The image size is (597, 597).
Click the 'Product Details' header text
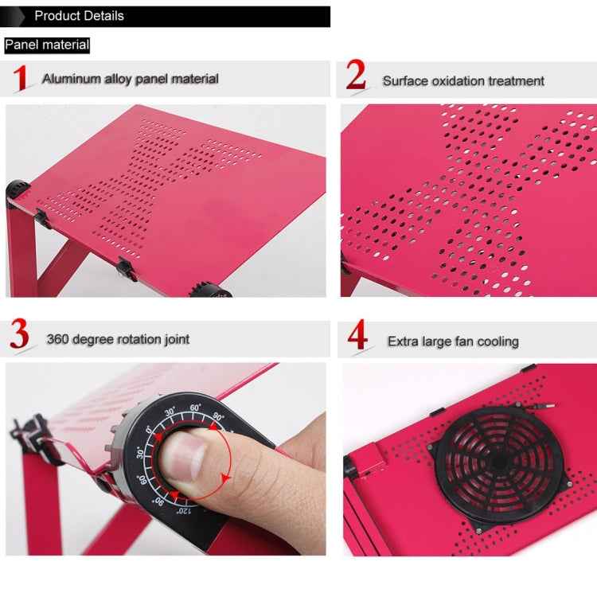[79, 16]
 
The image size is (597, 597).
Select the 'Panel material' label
[47, 45]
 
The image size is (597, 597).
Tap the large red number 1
[21, 79]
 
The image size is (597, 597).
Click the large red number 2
[356, 77]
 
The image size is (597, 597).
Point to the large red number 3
[20, 337]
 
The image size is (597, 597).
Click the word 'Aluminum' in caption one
[71, 79]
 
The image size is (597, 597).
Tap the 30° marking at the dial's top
[170, 412]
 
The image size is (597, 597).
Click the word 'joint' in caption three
[176, 340]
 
